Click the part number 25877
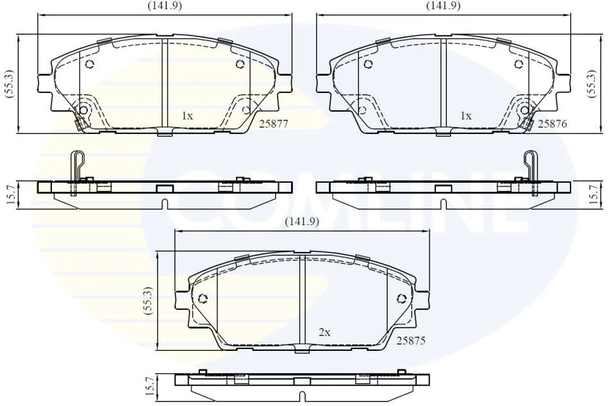[274, 124]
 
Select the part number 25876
[553, 124]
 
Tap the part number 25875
[411, 341]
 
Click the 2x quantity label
[324, 333]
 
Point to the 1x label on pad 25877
[187, 116]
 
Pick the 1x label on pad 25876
[465, 116]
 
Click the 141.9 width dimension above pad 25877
[165, 6]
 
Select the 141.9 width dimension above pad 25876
[443, 6]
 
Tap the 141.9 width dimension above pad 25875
[302, 222]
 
